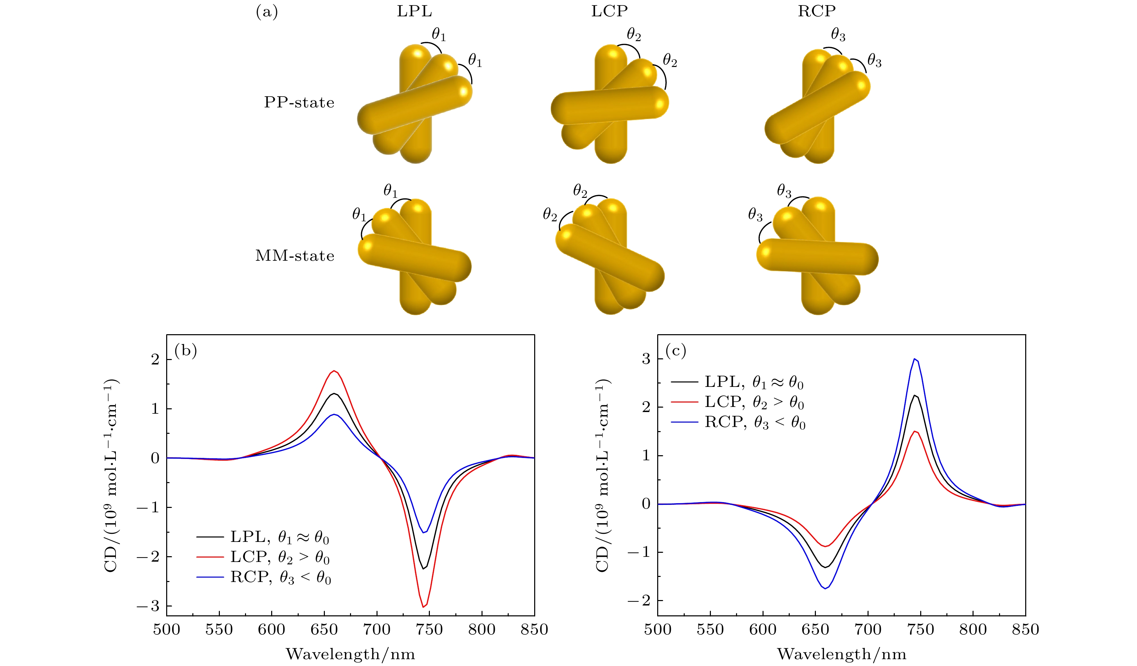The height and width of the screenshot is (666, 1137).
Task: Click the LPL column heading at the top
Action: tap(414, 11)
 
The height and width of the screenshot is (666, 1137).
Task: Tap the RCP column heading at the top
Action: tap(817, 11)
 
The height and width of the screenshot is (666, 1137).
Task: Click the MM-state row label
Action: tap(295, 256)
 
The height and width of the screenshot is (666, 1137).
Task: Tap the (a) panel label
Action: tap(267, 12)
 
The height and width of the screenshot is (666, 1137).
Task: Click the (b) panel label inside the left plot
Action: tap(186, 351)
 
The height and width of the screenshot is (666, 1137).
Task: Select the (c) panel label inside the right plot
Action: tap(676, 351)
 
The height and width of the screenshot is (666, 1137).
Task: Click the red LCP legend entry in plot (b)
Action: tap(280, 558)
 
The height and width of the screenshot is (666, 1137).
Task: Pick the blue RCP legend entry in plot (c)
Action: tap(754, 422)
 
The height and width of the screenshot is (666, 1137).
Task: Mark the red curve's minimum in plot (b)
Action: tap(423, 607)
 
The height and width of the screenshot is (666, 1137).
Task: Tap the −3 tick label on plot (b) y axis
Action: tap(149, 606)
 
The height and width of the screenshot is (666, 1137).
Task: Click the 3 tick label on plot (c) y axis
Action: tap(646, 359)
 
